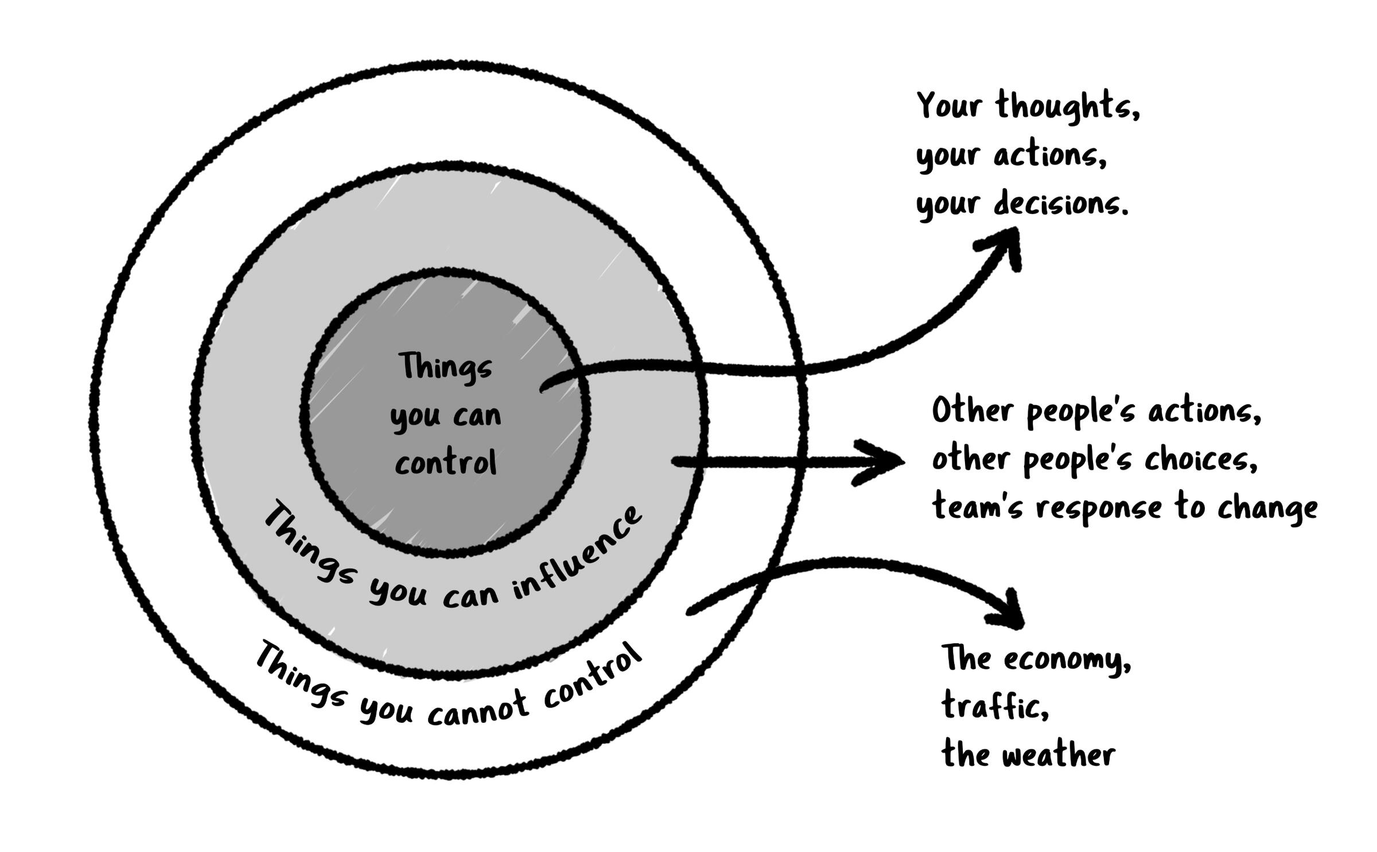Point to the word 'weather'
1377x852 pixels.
click(x=1059, y=754)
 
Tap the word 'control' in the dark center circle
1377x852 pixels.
click(x=446, y=462)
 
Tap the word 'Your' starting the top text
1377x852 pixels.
click(x=948, y=107)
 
